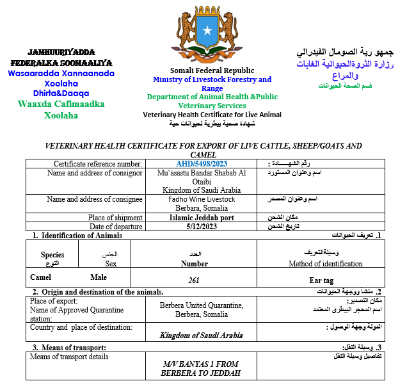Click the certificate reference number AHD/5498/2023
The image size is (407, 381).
coord(202,163)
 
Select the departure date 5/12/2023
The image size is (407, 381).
coord(202,227)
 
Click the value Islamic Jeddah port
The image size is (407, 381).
coord(202,218)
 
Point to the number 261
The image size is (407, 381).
coord(194,280)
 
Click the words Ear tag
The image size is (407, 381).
coord(321,280)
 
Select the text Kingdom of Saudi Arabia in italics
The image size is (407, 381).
coord(202,335)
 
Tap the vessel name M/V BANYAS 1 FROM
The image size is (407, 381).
coord(202,363)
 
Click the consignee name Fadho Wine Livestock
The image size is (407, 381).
coord(202,199)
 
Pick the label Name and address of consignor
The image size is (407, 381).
coord(95,173)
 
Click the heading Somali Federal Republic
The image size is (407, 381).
coord(212,70)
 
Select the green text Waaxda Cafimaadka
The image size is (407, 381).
coord(61,104)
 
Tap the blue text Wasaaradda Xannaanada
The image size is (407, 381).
coord(61,74)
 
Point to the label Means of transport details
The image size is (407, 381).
coord(69,356)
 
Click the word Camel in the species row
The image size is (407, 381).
coord(41,277)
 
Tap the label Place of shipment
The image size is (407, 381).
coord(115,218)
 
